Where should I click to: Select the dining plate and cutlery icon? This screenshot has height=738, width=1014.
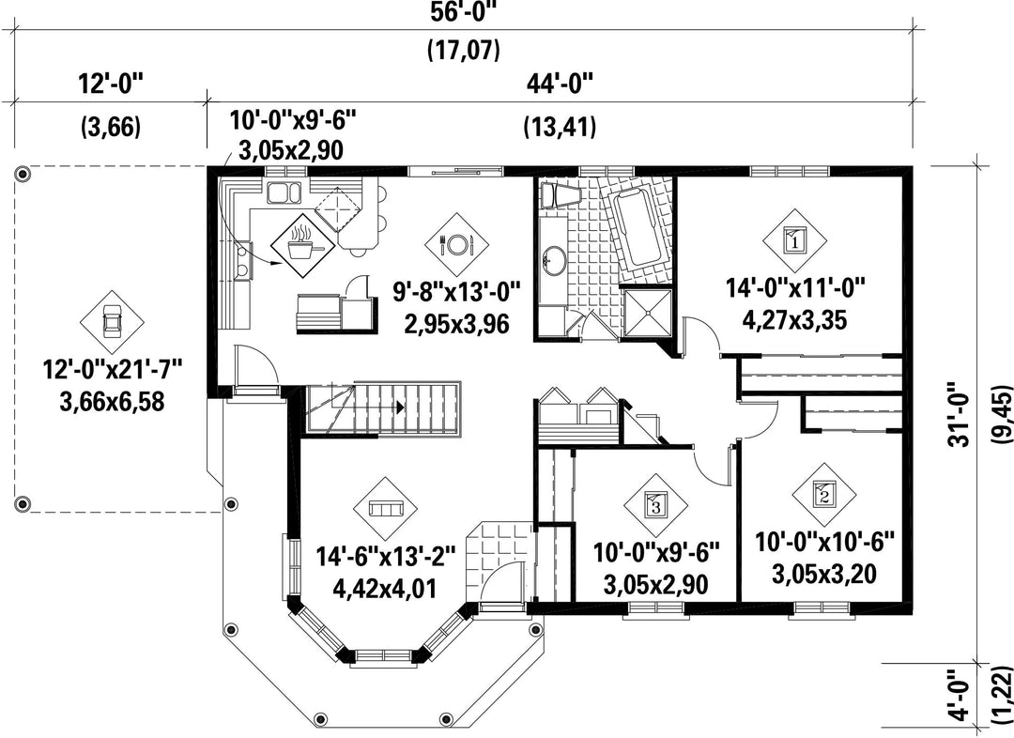456,244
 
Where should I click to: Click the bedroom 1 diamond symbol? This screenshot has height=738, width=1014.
794,240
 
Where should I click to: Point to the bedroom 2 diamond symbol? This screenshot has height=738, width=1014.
824,495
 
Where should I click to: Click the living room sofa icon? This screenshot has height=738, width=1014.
386,509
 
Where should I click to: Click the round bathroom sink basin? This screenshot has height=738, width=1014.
554,261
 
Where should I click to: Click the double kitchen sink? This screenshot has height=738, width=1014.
284,192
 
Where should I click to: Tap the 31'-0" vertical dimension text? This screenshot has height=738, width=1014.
961,421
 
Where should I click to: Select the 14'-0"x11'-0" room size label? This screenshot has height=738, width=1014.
795,288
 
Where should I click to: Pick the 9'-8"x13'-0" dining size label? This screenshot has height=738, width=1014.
457,292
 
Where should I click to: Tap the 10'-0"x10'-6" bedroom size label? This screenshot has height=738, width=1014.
824,542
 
